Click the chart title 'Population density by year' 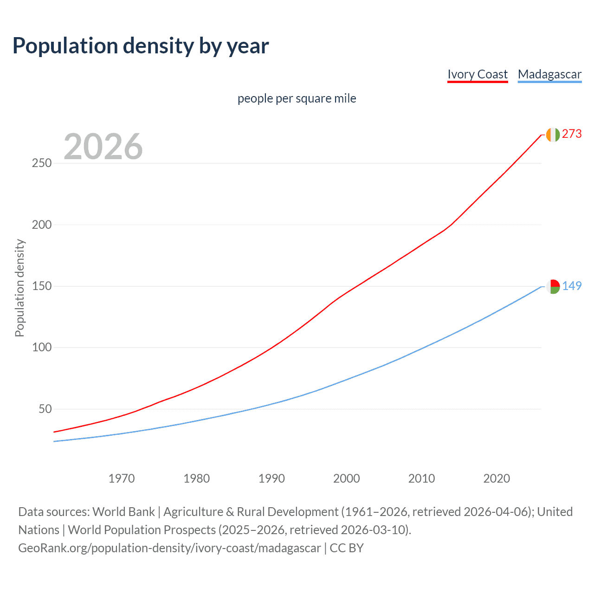141,46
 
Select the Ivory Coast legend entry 478,74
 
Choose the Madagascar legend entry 549,74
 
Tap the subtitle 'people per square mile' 297,98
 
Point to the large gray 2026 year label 103,147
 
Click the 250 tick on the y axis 42,163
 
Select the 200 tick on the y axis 42,225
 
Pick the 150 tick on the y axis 42,286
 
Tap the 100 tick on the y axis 42,348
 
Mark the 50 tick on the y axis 45,409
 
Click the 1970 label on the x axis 122,478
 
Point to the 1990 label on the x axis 271,478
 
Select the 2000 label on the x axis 347,478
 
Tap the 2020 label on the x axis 497,478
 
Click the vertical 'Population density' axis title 19,288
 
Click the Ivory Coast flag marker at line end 553,135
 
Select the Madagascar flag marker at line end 553,286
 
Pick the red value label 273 572,134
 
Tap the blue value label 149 572,286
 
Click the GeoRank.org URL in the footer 169,548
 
